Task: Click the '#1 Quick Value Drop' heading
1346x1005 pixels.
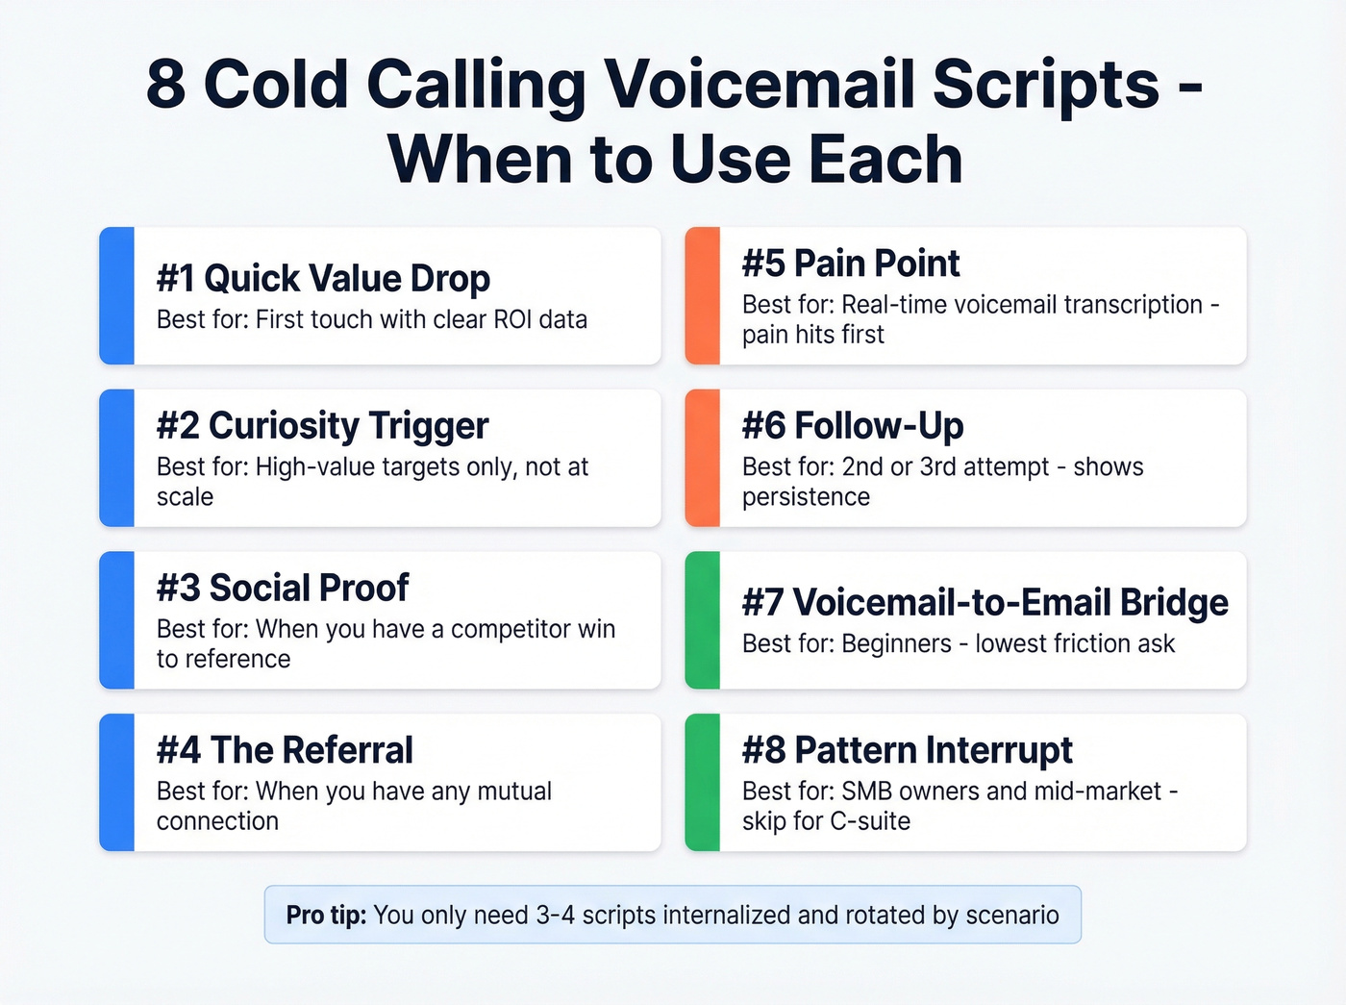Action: pyautogui.click(x=323, y=278)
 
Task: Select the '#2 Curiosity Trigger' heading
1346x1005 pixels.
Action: pyautogui.click(x=322, y=425)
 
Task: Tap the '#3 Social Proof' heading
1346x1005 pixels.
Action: pyautogui.click(x=283, y=588)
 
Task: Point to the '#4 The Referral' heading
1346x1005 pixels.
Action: pyautogui.click(x=285, y=750)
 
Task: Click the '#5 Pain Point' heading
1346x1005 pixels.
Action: pyautogui.click(x=851, y=264)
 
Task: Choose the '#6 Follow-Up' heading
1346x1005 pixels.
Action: pyautogui.click(x=853, y=425)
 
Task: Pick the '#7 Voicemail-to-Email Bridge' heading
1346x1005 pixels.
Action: pyautogui.click(x=985, y=602)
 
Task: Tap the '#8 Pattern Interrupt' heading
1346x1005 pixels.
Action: pyautogui.click(x=907, y=750)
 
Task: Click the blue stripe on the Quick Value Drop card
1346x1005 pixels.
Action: pyautogui.click(x=116, y=296)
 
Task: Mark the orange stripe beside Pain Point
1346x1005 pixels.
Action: pyautogui.click(x=702, y=296)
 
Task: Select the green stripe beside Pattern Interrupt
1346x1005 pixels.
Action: pyautogui.click(x=702, y=783)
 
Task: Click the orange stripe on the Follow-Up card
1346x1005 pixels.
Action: pyautogui.click(x=702, y=458)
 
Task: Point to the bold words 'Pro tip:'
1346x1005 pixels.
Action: pyautogui.click(x=326, y=915)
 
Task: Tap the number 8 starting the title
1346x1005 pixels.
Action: pyautogui.click(x=166, y=85)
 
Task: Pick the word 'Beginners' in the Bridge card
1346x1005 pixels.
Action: pyautogui.click(x=896, y=643)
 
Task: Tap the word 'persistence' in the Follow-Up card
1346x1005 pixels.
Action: pyautogui.click(x=806, y=497)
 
